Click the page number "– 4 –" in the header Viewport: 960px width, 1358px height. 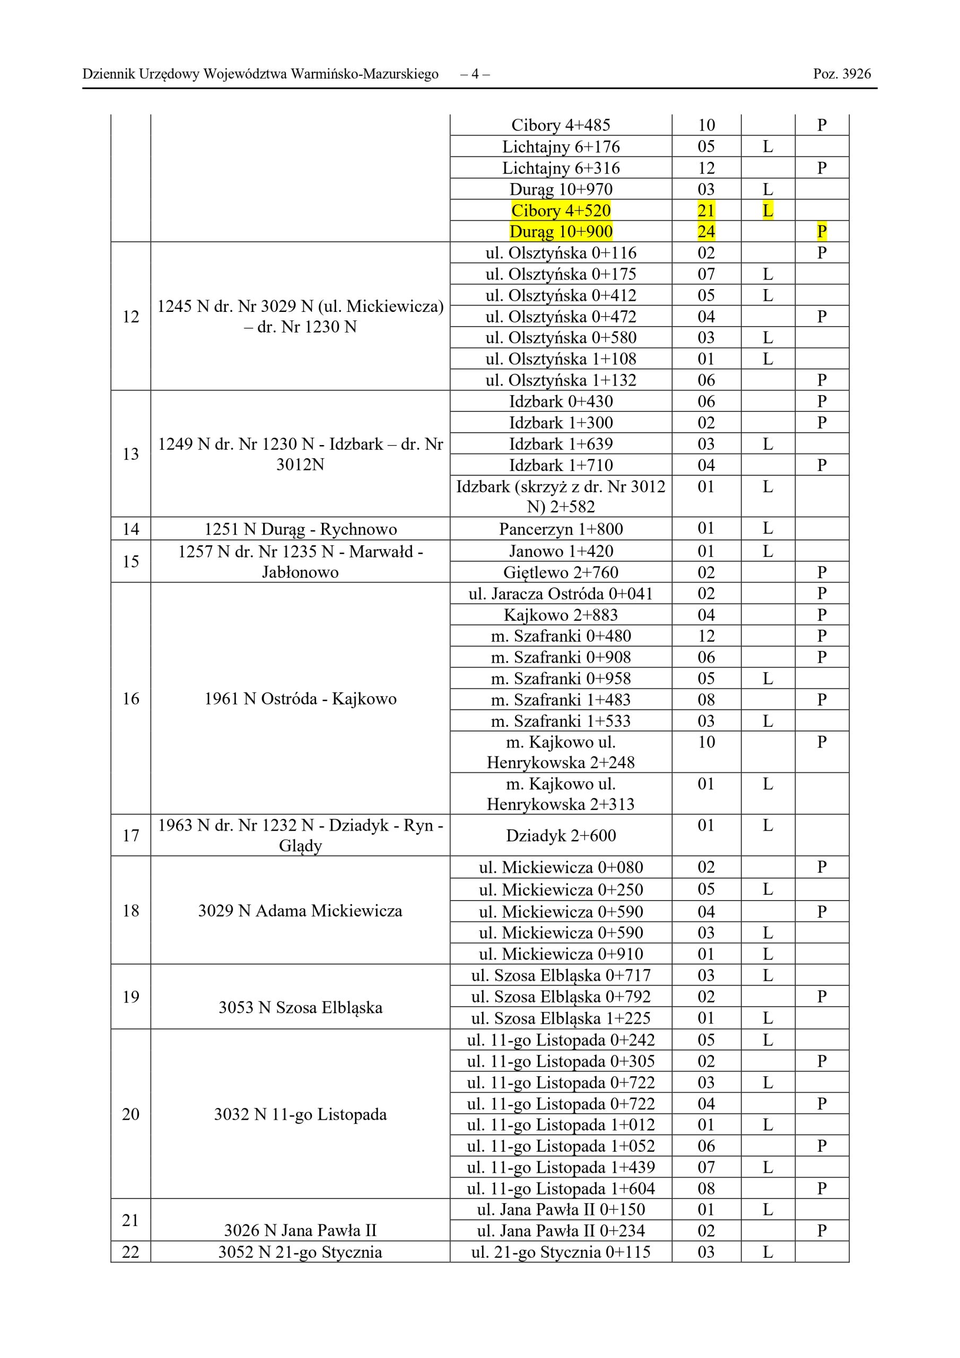coord(474,74)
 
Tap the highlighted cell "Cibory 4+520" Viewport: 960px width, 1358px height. coord(561,211)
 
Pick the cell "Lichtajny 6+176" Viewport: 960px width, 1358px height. coord(561,147)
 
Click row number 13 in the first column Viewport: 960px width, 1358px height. coord(130,454)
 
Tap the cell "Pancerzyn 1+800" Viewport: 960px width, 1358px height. coord(561,529)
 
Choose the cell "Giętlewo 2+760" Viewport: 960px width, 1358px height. coord(561,572)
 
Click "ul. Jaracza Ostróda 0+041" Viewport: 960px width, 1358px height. coord(561,593)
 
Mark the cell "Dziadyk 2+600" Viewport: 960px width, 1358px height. coord(561,835)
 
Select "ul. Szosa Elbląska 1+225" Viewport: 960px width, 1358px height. coord(561,1018)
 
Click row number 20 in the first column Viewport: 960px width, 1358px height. coord(130,1115)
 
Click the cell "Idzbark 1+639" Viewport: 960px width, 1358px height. coord(561,443)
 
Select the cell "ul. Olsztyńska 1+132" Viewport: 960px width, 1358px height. coord(561,380)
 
